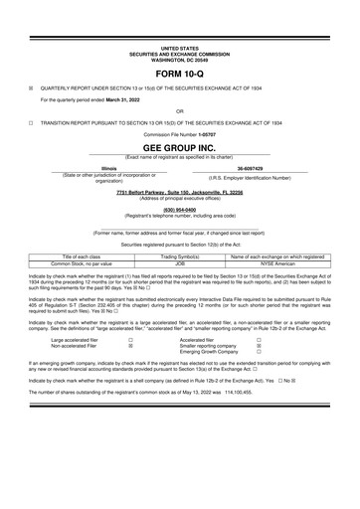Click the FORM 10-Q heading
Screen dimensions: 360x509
(x=179, y=75)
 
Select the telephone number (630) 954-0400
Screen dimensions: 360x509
(x=179, y=209)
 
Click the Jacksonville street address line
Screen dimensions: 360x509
(x=179, y=190)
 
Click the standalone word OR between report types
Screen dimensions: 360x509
(x=179, y=110)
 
